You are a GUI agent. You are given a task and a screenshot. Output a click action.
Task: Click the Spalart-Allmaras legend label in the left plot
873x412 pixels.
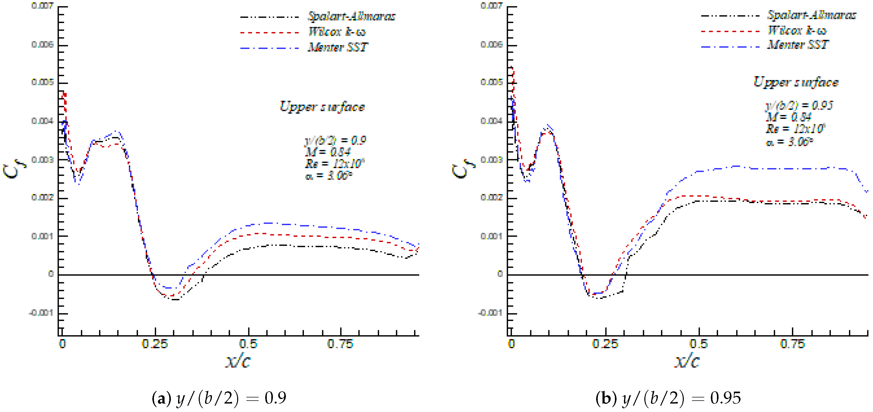[x=351, y=16]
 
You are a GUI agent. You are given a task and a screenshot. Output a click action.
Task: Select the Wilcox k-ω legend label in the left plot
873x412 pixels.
[x=337, y=32]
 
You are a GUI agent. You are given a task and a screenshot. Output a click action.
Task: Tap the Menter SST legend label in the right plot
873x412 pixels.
[x=798, y=45]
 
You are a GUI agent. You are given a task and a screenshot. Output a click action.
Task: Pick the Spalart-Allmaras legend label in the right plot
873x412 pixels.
[x=811, y=15]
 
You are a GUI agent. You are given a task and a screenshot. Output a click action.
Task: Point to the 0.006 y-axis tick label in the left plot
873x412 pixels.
[x=43, y=45]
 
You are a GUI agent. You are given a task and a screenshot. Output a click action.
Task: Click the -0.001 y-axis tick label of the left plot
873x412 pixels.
[x=41, y=313]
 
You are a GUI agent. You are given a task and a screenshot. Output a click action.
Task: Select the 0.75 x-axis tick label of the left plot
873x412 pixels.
[x=340, y=344]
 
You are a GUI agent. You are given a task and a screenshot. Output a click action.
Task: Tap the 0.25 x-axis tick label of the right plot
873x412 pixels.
[x=605, y=344]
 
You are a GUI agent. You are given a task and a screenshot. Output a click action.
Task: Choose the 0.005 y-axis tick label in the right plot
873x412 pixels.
[x=491, y=82]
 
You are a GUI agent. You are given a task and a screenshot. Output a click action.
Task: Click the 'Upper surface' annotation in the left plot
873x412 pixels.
[x=322, y=107]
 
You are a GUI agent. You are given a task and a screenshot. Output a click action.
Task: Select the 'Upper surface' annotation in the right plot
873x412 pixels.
[x=796, y=82]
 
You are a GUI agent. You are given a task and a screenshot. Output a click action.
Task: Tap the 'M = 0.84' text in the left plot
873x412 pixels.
[x=327, y=152]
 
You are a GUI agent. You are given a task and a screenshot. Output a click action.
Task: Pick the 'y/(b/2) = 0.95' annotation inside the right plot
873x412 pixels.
[x=799, y=105]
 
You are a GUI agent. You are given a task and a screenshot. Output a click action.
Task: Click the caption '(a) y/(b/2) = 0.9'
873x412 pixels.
[x=219, y=398]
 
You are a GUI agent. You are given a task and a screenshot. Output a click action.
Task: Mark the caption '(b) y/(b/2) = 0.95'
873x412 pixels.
[x=668, y=398]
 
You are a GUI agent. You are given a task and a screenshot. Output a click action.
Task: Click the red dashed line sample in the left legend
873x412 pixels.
[x=269, y=33]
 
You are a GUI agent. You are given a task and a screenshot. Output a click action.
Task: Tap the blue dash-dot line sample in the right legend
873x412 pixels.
[x=730, y=46]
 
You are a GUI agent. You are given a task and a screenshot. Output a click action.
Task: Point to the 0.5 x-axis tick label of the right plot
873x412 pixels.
[x=698, y=344]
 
